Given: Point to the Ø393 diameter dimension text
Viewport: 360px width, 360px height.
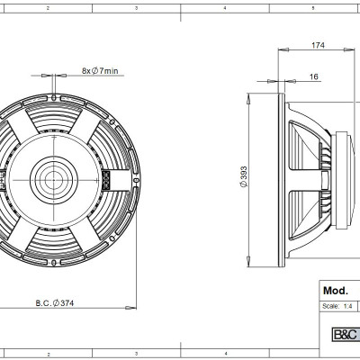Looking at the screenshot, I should [x=245, y=176].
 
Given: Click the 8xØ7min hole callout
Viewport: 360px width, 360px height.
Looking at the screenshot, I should [x=100, y=70].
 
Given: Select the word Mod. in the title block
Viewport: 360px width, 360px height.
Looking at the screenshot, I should [x=337, y=292].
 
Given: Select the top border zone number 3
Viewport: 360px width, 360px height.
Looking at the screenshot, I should [x=135, y=6].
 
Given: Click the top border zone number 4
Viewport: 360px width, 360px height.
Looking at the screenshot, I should [x=223, y=6].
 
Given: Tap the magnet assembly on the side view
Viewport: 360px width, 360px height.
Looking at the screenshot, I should [x=337, y=175].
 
